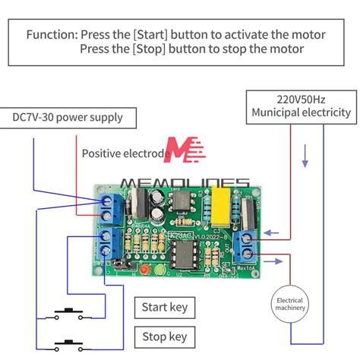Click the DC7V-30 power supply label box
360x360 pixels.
(x=67, y=118)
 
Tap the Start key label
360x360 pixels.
(x=164, y=308)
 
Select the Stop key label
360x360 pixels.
(x=164, y=336)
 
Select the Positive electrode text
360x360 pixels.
(x=125, y=153)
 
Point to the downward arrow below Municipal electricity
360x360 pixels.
(x=305, y=160)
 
